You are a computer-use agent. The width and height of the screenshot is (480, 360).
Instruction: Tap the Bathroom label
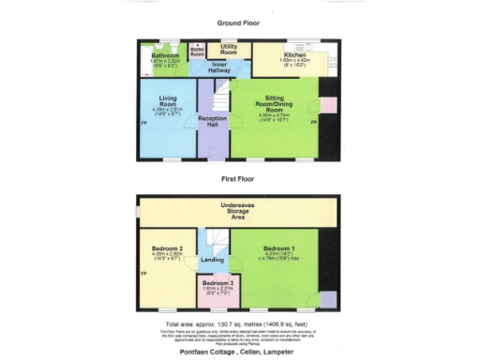tap(164, 56)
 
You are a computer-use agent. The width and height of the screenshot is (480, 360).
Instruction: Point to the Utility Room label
tap(229, 48)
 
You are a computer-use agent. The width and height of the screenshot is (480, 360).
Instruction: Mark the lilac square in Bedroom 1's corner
tap(326, 299)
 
